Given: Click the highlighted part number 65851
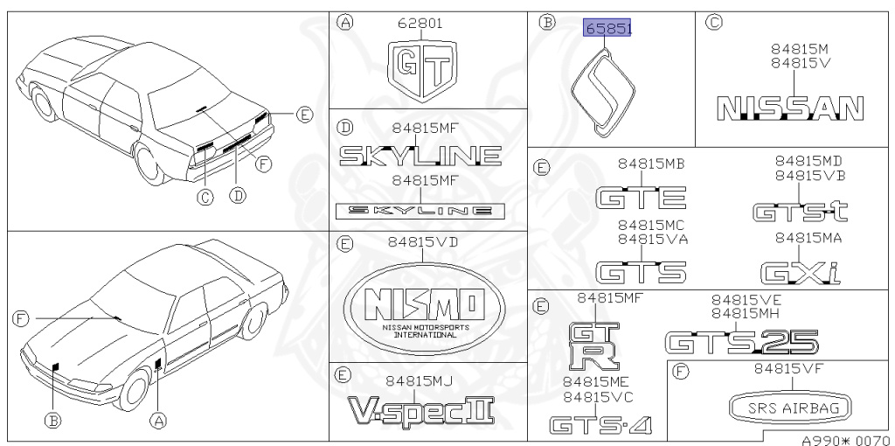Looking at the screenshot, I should [607, 28].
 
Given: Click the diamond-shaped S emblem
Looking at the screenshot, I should [600, 94].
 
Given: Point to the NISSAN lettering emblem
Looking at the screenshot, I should [789, 107].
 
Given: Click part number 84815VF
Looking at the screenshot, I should [789, 369].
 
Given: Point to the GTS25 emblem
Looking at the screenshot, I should [741, 340].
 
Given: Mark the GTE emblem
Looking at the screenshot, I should [640, 199].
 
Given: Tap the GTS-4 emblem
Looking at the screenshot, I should [600, 426].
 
